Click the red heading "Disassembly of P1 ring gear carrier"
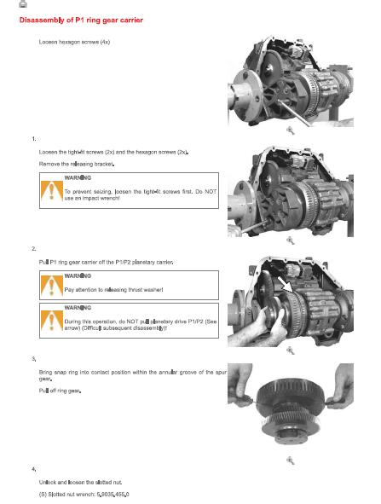pyautogui.click(x=81, y=20)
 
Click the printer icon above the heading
pyautogui.click(x=23, y=3)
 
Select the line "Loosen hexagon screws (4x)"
pyautogui.click(x=74, y=42)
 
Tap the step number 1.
pyautogui.click(x=34, y=139)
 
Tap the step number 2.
pyautogui.click(x=34, y=249)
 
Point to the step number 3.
pyautogui.click(x=34, y=359)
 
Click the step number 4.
pyautogui.click(x=34, y=469)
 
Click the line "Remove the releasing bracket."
pyautogui.click(x=77, y=164)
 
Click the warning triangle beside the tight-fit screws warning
pyautogui.click(x=51, y=191)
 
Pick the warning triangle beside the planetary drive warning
pyautogui.click(x=51, y=321)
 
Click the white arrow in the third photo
pyautogui.click(x=285, y=285)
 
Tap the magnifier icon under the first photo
pyautogui.click(x=291, y=130)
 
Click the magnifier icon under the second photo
pyautogui.click(x=291, y=240)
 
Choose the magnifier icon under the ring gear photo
pyautogui.click(x=291, y=461)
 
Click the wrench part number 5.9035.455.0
pyautogui.click(x=113, y=495)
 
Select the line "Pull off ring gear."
pyautogui.click(x=60, y=391)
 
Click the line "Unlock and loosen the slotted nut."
pyautogui.click(x=80, y=482)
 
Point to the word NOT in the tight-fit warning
pyautogui.click(x=211, y=192)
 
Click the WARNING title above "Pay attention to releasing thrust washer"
pyautogui.click(x=78, y=275)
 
